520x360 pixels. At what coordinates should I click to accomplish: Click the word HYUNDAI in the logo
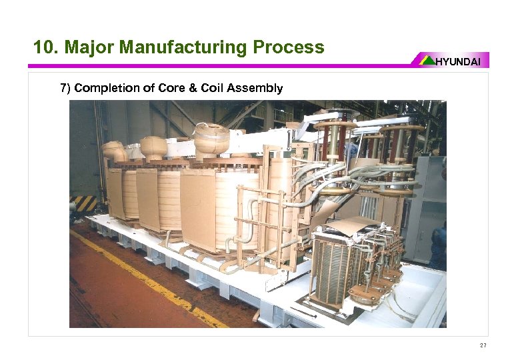[x=462, y=61]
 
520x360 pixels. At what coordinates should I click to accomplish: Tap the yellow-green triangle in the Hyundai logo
[x=427, y=61]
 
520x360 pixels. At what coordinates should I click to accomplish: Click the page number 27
[x=483, y=345]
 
